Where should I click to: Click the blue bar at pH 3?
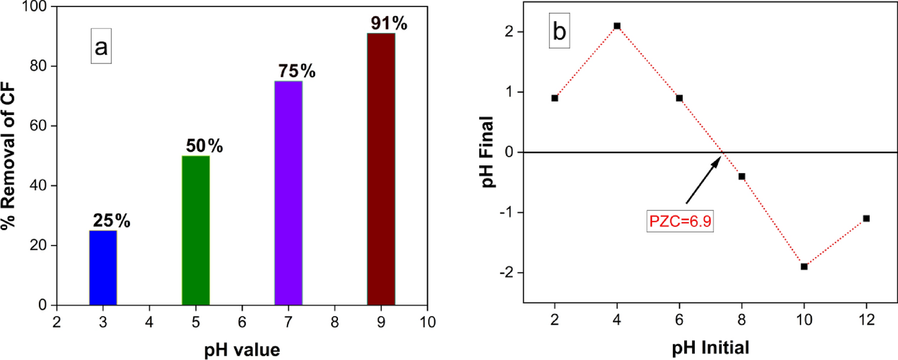tap(103, 268)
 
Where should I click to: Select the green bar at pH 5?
tap(195, 231)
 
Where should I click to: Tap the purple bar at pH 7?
tap(288, 193)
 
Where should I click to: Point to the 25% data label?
tap(110, 221)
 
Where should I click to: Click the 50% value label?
tap(202, 146)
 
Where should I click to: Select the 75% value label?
tap(296, 71)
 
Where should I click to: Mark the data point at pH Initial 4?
tap(617, 26)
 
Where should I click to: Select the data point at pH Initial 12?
tap(866, 219)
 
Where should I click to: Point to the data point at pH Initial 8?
tap(742, 176)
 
